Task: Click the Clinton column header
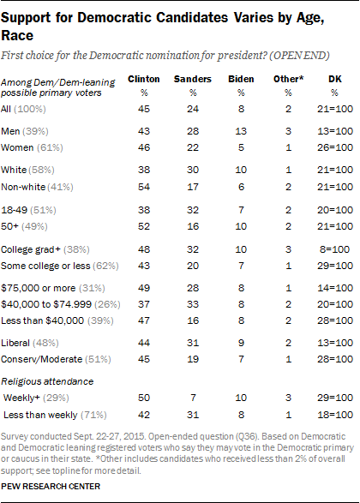[144, 79]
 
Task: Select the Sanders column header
[193, 79]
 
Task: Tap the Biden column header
[241, 79]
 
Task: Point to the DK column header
[334, 79]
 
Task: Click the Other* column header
[288, 79]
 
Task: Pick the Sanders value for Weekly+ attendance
[193, 398]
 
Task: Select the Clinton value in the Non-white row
[144, 187]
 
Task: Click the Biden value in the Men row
[241, 131]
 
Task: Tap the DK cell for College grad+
[334, 249]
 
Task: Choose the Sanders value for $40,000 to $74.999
[193, 304]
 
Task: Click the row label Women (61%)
[32, 147]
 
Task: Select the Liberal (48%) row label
[30, 343]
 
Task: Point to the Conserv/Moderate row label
[42, 359]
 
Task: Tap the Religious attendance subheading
[47, 381]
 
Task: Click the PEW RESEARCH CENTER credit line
[51, 487]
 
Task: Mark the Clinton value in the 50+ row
[144, 226]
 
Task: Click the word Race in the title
[17, 35]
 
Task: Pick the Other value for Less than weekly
[289, 415]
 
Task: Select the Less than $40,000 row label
[42, 320]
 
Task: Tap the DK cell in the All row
[335, 109]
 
